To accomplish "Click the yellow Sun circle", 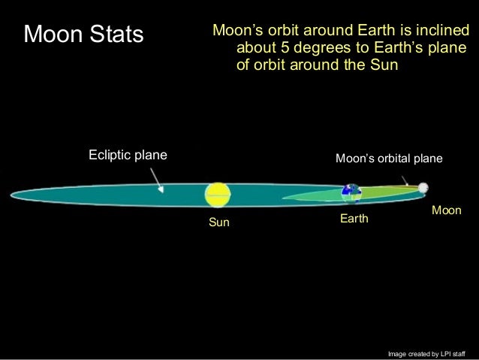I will coord(218,195).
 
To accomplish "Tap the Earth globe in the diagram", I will coord(349,192).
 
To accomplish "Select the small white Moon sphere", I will coord(423,187).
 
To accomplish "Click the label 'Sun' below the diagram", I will coord(218,223).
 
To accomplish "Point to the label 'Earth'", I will coord(355,219).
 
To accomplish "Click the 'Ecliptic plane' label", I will coord(128,156).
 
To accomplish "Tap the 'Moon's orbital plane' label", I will coord(389,159).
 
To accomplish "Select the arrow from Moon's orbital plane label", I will coord(405,179).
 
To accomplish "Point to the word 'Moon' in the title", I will coord(51,34).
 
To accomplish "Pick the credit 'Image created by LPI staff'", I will coord(426,352).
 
